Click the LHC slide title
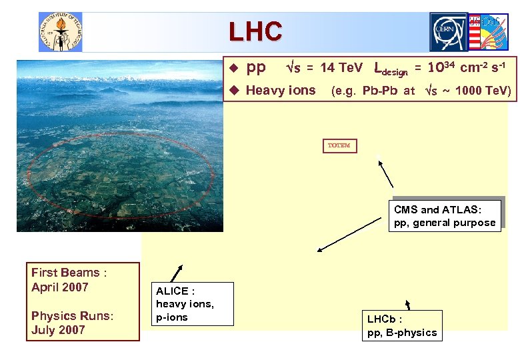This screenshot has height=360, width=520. tap(255, 31)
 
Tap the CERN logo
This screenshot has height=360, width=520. tap(449, 31)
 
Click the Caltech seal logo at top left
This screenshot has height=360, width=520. tap(60, 31)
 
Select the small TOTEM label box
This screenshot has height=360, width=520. tap(339, 145)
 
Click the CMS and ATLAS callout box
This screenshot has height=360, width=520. tap(445, 216)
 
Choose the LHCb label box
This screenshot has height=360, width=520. tap(402, 325)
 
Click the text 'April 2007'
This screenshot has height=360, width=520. tap(60, 287)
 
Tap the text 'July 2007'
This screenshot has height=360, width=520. tap(58, 330)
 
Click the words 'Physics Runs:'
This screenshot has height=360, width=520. tap(72, 315)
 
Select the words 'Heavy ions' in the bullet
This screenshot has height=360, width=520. tap(281, 91)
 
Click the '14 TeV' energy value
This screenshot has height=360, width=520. tap(341, 68)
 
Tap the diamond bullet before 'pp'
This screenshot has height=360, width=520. tap(233, 68)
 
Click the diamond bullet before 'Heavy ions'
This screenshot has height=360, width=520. tap(233, 91)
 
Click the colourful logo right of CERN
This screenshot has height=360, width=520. tap(489, 31)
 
